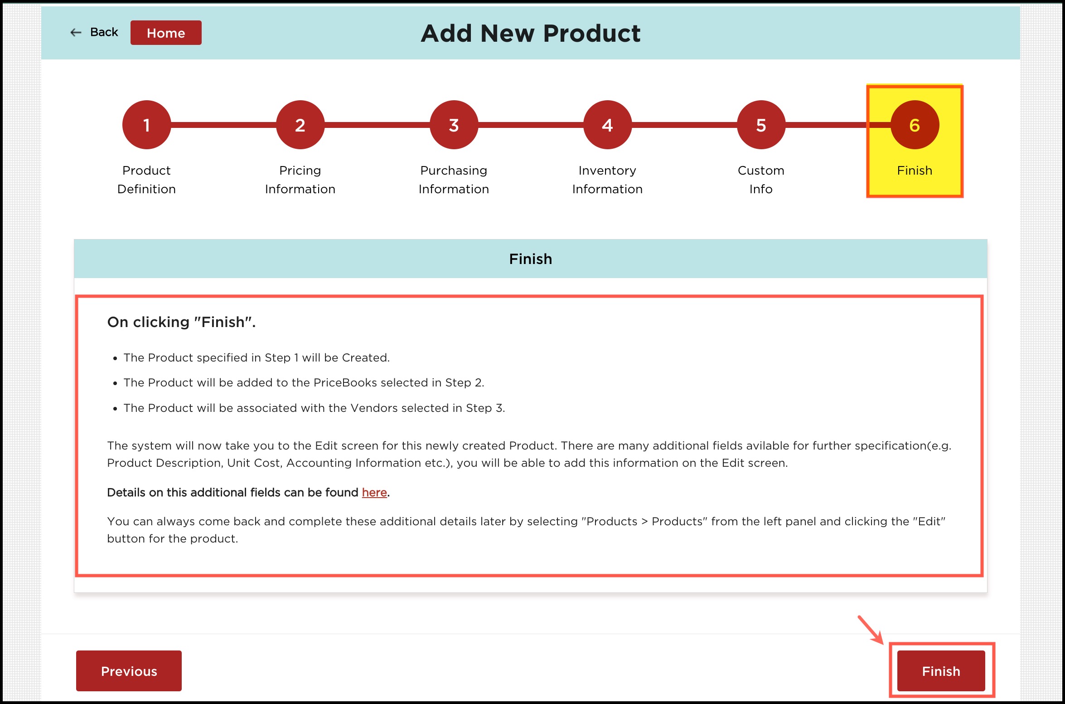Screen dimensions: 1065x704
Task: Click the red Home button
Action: pos(166,33)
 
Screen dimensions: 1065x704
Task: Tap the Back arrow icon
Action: pos(76,32)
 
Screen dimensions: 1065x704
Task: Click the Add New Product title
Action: pos(531,33)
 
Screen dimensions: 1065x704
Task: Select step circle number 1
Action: pos(146,125)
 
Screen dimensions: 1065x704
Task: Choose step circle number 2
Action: pos(300,125)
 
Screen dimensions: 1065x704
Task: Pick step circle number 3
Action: pos(454,125)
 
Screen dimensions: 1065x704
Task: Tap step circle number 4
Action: pos(607,125)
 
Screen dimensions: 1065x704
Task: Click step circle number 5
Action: pos(761,125)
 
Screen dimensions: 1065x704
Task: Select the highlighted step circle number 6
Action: pos(915,125)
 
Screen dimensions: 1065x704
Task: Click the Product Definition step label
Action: pos(146,180)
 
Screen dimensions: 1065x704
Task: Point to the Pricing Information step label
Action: pos(300,180)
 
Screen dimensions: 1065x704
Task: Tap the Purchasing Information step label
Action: pos(454,180)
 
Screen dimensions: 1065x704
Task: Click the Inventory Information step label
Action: pos(607,180)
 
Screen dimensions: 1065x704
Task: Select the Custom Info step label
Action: pos(761,180)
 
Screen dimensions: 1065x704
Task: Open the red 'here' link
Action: pos(374,493)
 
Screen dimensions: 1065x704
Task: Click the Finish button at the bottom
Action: pos(941,671)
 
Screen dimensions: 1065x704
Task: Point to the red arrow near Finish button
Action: pos(871,630)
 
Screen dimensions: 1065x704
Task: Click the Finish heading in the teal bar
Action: pos(531,259)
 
